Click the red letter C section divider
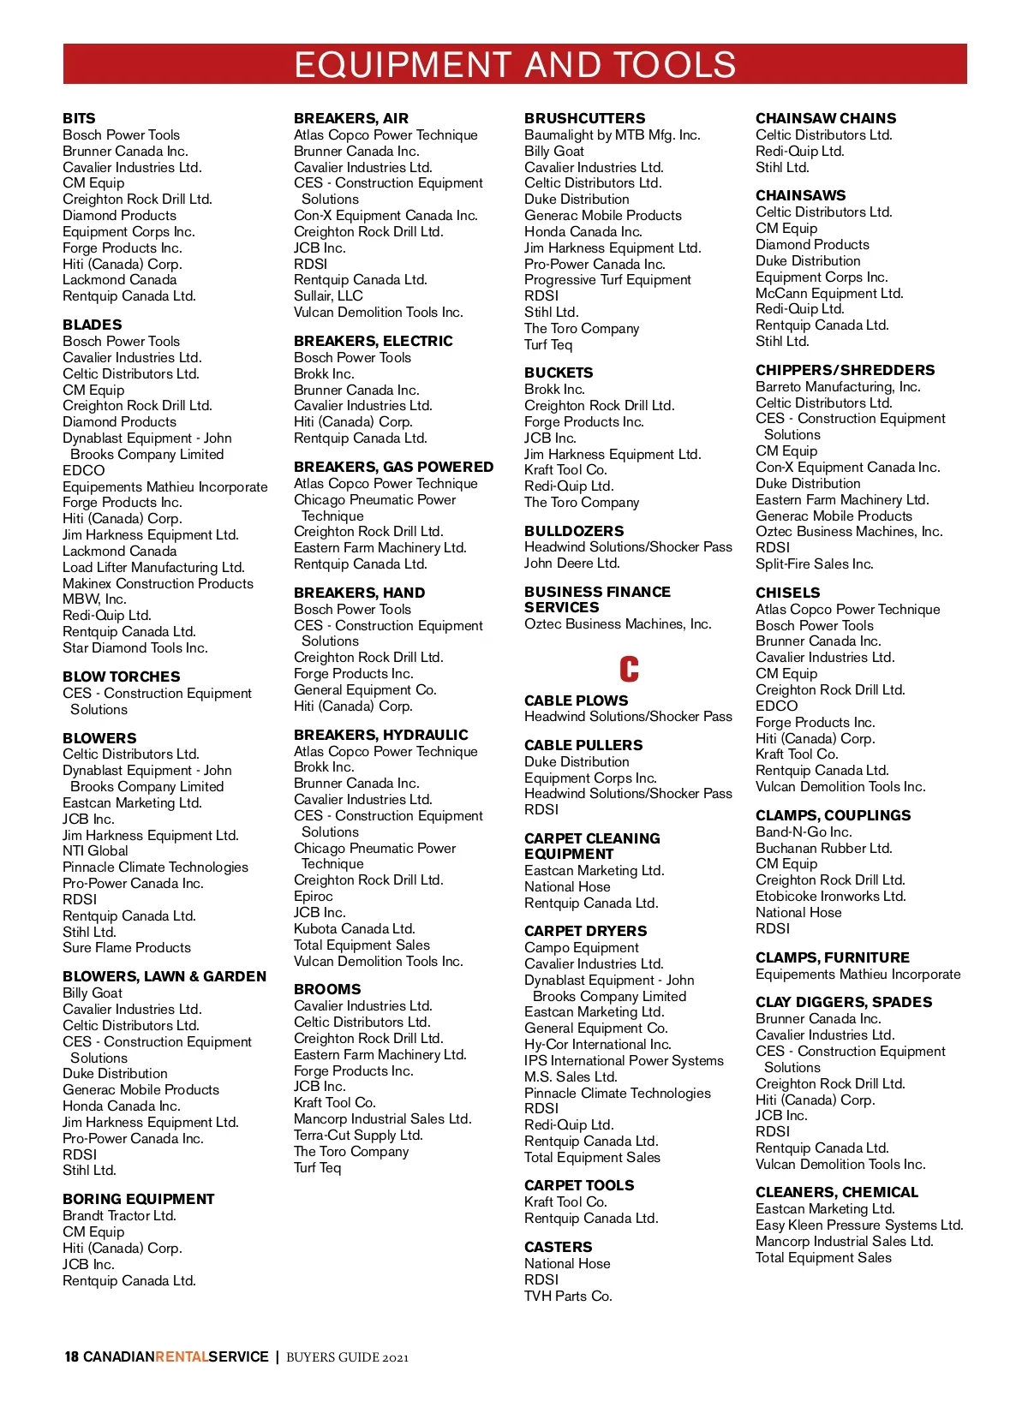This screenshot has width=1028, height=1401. click(629, 669)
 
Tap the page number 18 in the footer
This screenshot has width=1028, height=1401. click(72, 1356)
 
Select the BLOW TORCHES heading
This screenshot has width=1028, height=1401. click(122, 677)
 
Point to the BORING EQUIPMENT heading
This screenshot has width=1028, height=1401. click(139, 1199)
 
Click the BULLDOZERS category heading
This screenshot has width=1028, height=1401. click(574, 531)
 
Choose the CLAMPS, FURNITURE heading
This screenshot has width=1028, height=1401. click(833, 957)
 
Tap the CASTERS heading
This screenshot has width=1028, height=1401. click(559, 1247)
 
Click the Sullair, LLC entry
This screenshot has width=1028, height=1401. click(328, 295)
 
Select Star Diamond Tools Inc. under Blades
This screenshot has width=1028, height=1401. click(135, 647)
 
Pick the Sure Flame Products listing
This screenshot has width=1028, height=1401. click(127, 947)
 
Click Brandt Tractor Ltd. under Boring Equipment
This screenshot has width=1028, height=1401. click(119, 1215)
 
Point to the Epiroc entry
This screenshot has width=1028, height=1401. click(314, 896)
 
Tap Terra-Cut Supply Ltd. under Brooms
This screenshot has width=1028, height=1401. click(358, 1135)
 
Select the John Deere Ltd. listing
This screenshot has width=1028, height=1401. click(572, 563)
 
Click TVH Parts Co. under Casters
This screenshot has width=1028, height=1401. click(568, 1296)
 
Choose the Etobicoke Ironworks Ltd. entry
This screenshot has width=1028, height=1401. click(830, 896)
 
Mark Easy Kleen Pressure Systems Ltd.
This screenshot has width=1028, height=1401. click(859, 1225)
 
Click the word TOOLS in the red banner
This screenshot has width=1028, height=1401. click(673, 65)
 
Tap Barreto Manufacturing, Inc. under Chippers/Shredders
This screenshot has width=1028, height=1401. click(838, 386)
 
